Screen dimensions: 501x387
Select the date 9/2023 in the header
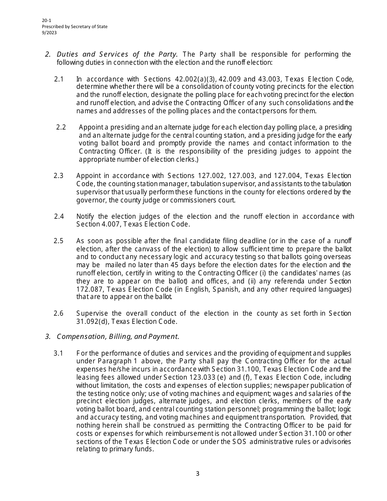[49, 33]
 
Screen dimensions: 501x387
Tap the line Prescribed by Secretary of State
[75, 27]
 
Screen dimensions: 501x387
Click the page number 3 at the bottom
[198, 473]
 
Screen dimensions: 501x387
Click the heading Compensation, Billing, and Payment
[118, 336]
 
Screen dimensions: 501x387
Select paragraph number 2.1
[59, 79]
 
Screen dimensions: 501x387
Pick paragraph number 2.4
[59, 216]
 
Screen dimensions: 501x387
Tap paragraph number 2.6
[59, 313]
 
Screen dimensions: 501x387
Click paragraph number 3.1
[59, 353]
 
